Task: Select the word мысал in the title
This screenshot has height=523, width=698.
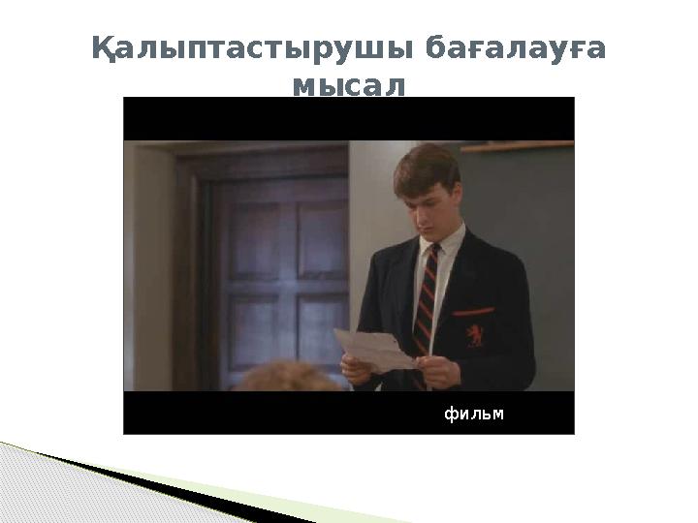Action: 348,87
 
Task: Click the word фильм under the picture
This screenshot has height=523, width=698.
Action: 474,415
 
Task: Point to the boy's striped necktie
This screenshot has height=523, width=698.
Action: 426,291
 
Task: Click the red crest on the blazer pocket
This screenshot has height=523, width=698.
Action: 473,334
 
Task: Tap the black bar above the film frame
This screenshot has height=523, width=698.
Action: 349,118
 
